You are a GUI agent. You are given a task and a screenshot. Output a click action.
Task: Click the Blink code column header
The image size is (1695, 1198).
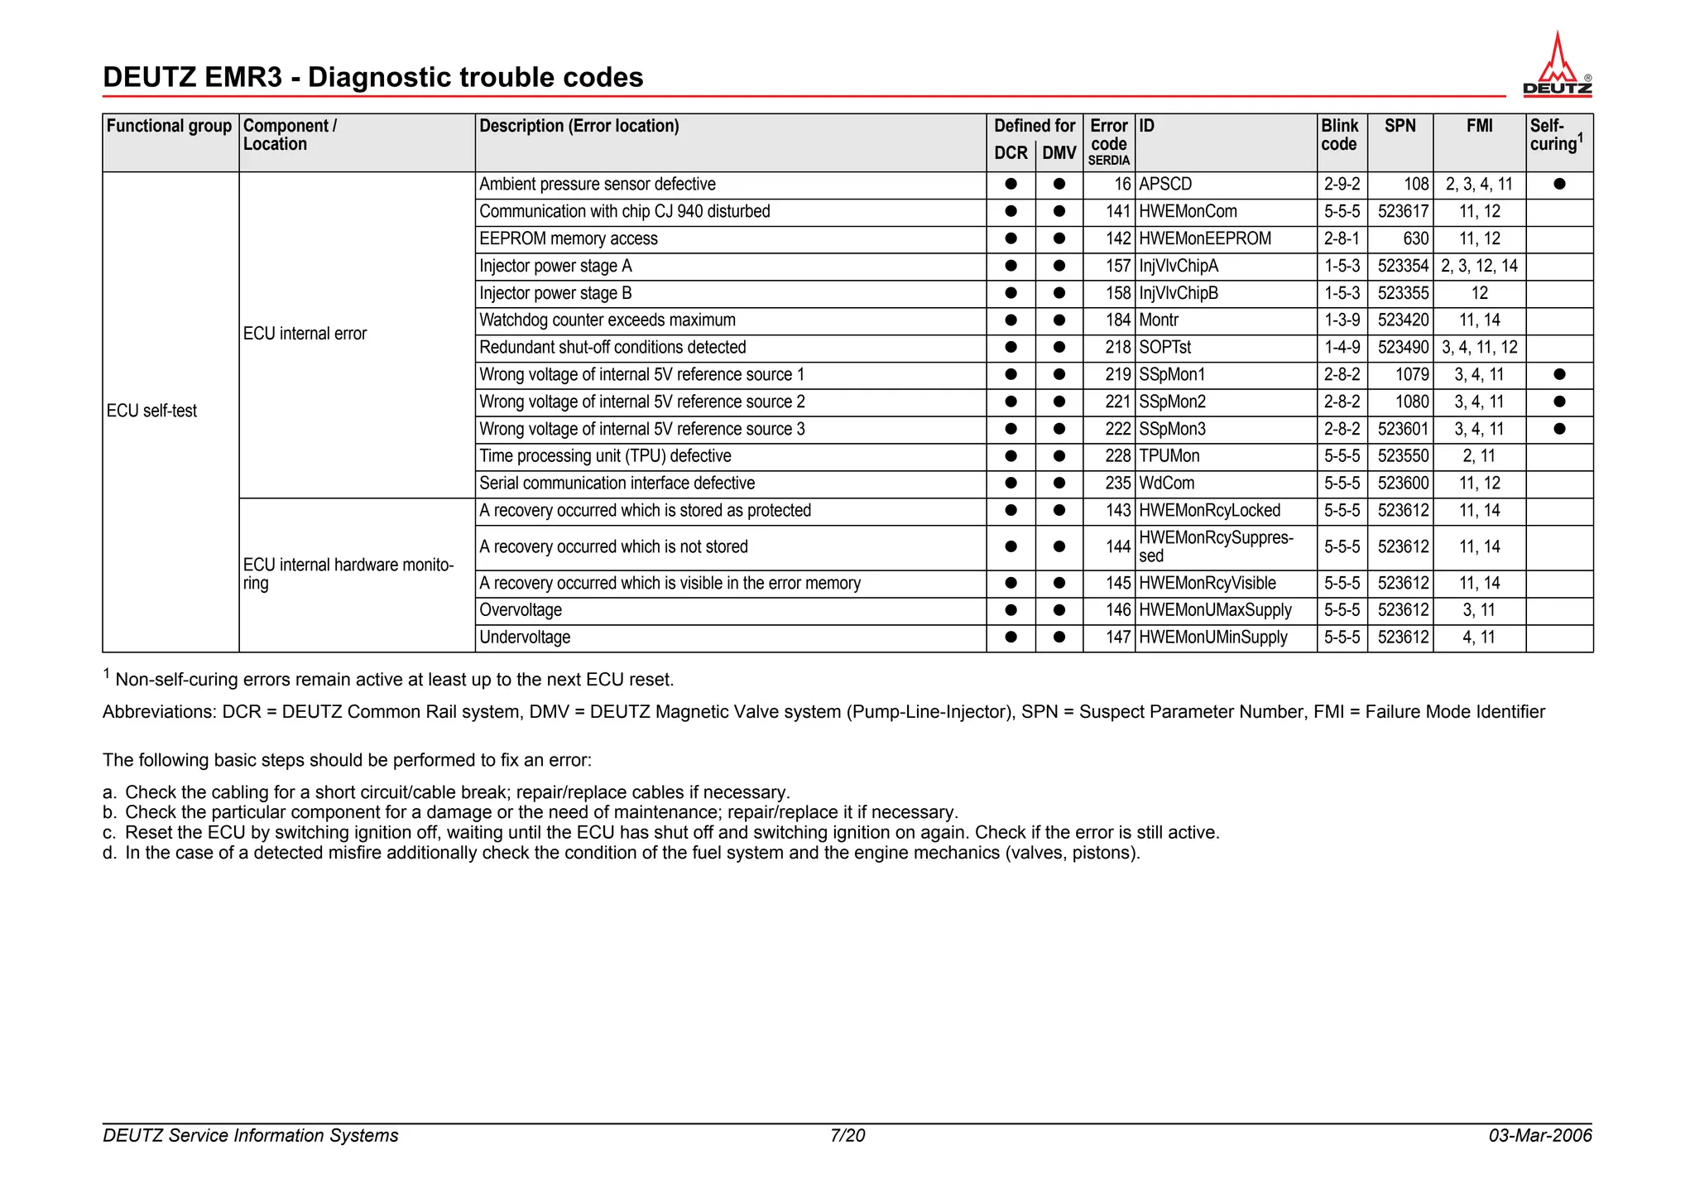[1340, 135]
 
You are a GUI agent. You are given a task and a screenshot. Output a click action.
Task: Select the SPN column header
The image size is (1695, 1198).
[1400, 127]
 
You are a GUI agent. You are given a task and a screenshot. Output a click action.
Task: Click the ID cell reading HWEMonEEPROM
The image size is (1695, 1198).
[1204, 239]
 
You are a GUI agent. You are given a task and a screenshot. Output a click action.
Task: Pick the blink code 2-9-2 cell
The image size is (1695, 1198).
[1342, 185]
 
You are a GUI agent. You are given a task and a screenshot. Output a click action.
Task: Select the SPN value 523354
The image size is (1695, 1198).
[1403, 267]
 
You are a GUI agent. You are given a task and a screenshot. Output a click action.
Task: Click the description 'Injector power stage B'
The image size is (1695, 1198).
[555, 294]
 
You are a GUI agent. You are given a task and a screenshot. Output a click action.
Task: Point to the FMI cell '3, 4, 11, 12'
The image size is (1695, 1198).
[1479, 348]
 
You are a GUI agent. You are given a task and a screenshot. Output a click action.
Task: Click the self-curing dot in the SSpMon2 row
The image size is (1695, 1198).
[1559, 402]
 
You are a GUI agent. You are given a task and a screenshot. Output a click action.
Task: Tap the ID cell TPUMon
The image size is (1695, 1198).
[1169, 456]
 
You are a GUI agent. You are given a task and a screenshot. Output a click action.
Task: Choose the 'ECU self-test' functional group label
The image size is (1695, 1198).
[152, 411]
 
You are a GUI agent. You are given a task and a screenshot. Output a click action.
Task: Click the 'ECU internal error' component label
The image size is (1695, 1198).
[305, 334]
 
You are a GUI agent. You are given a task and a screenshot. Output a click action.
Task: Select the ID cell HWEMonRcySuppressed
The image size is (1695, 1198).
[1215, 547]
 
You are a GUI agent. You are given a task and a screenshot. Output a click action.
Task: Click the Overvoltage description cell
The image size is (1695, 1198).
[521, 611]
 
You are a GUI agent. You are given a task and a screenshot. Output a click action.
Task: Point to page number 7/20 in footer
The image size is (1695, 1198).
[847, 1136]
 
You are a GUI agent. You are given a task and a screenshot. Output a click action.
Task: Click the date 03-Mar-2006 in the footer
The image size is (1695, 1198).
[1539, 1136]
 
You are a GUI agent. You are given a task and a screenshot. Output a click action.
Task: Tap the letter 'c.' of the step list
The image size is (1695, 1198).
[109, 833]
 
